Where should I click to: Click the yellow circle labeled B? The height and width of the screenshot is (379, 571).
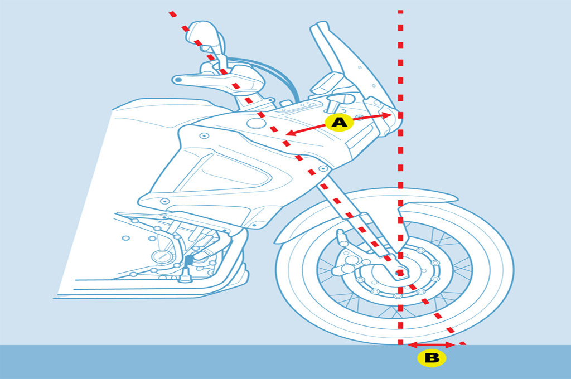point(432,358)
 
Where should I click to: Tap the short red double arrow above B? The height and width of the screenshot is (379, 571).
point(432,345)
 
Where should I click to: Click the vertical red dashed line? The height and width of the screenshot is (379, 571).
point(400,167)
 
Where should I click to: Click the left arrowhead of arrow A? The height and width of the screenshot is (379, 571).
point(289,133)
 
